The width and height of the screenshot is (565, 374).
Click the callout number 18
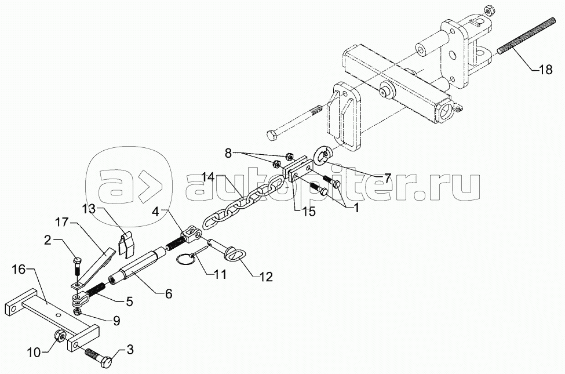545,70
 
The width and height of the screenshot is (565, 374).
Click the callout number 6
168,295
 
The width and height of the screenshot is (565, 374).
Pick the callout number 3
129,349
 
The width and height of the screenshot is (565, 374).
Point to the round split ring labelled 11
185,262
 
